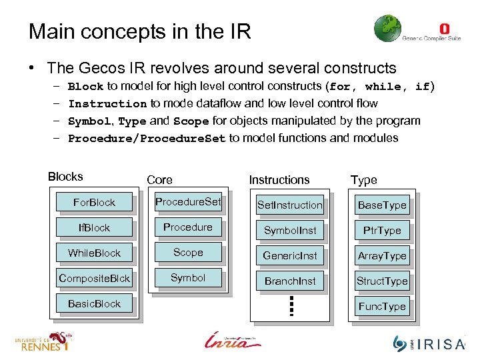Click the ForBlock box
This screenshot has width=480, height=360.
point(94,203)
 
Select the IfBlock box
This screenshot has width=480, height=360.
point(94,228)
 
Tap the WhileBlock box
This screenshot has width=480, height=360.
point(94,253)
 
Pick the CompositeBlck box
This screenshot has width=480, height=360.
point(94,279)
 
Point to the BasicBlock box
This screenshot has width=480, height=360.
point(94,304)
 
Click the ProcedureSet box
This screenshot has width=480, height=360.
point(188,202)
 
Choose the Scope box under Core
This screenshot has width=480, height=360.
point(188,253)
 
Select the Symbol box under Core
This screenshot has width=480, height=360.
point(188,278)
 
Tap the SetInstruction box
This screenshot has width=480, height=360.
point(290,205)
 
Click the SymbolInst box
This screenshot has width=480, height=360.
point(290,231)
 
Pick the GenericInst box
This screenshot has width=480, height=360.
point(290,256)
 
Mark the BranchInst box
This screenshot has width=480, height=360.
point(290,281)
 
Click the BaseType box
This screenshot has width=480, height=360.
point(382,205)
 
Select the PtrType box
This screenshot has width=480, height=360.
point(382,231)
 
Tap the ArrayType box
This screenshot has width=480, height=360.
point(382,256)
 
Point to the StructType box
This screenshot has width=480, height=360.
point(382,281)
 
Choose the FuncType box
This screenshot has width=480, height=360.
point(382,307)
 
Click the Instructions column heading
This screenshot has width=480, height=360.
point(279,180)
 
